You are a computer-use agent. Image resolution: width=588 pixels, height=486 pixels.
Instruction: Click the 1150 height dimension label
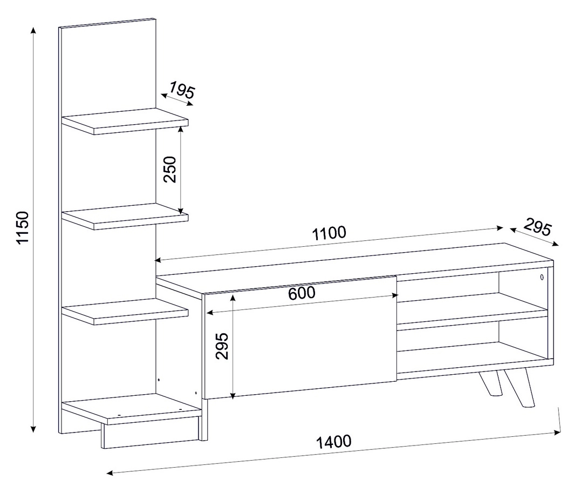point(23,227)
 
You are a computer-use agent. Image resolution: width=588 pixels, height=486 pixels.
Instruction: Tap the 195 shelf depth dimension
point(182,90)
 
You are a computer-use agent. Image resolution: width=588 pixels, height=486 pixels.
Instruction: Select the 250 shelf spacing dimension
point(170,169)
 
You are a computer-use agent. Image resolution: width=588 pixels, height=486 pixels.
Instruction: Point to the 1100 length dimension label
point(329,233)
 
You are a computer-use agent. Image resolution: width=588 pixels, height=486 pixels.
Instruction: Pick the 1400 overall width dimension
point(334,442)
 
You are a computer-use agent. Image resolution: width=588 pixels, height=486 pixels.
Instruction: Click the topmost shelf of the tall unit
point(125,121)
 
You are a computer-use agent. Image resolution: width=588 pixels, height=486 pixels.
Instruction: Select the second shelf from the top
point(125,216)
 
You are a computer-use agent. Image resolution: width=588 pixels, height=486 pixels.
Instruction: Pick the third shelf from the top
point(125,311)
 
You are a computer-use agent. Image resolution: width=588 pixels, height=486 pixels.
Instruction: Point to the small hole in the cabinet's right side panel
point(542,278)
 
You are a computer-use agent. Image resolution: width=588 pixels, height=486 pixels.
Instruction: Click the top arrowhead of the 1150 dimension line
point(34,31)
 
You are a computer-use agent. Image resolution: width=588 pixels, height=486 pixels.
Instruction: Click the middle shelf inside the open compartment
point(473,312)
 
